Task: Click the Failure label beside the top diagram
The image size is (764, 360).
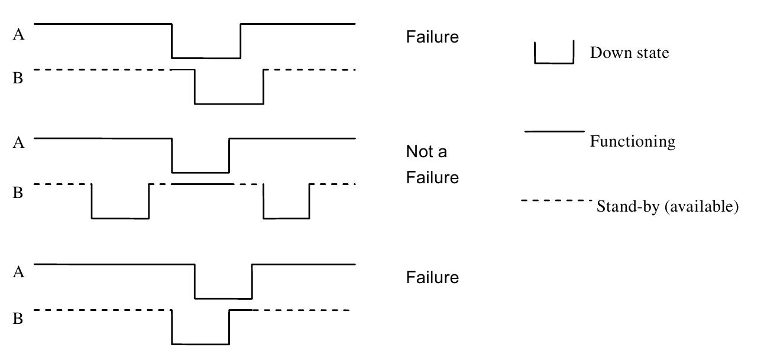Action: [432, 37]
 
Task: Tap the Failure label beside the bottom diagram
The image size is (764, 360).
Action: [432, 278]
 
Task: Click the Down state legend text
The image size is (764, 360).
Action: [629, 53]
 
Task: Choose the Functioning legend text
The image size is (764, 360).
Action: [632, 142]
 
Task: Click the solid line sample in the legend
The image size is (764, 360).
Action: [554, 131]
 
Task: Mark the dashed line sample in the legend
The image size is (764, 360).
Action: [556, 201]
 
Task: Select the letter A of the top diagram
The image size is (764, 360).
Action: [19, 35]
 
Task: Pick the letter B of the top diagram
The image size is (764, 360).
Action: [18, 78]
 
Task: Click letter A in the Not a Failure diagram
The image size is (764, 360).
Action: [19, 143]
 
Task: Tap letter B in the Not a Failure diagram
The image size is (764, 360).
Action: [18, 193]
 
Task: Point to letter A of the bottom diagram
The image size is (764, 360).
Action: [19, 272]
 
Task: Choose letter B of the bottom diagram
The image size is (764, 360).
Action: [18, 319]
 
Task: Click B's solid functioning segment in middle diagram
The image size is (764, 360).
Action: [202, 184]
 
